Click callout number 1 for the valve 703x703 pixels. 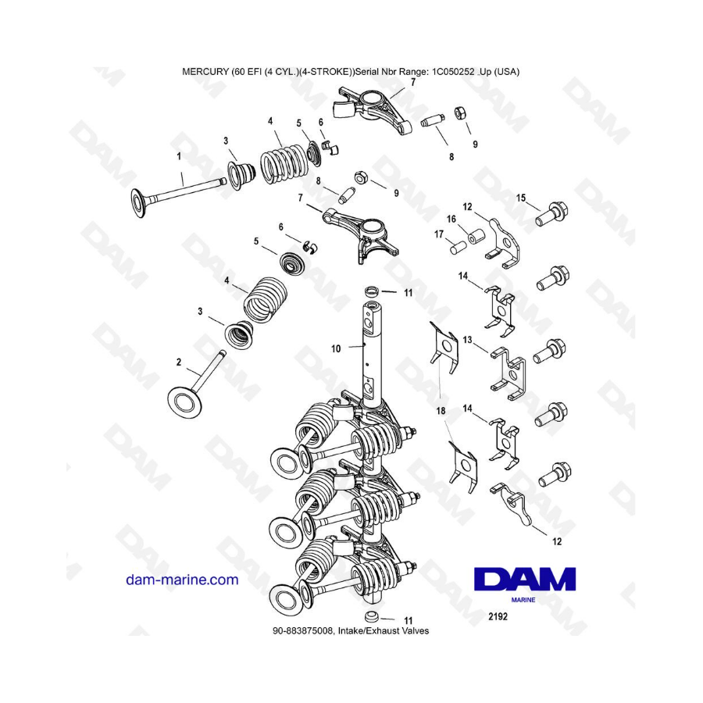pos(180,156)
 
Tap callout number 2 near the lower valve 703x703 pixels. pos(179,362)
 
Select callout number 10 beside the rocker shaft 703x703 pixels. pos(336,348)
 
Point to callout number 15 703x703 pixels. pos(520,198)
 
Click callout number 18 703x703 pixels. pos(441,411)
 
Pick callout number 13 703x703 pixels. pos(468,340)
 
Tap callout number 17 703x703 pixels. pos(439,234)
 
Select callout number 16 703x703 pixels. pos(451,219)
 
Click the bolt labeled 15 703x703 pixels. pos(551,214)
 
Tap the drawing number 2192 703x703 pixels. pos(498,616)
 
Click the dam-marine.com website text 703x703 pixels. pos(182,580)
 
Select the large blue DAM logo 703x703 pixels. pos(525,580)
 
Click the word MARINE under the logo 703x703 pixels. pos(523,600)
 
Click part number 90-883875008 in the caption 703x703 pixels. pos(302,631)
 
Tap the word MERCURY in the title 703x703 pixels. pos(205,71)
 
